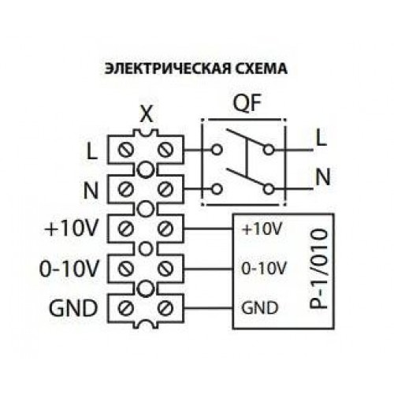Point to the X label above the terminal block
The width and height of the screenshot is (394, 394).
(147, 114)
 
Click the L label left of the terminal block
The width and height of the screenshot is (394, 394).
(92, 151)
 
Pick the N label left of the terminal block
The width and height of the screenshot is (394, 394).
(91, 190)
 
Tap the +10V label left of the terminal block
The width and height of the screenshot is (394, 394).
(72, 229)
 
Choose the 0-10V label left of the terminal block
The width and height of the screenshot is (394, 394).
(69, 269)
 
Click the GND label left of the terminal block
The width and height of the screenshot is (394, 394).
(73, 308)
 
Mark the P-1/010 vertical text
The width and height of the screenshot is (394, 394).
(319, 269)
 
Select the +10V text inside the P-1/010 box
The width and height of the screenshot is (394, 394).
(262, 229)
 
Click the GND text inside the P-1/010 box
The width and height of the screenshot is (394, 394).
(259, 307)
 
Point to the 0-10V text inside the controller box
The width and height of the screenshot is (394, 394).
(263, 269)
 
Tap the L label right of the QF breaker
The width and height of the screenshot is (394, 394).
(322, 138)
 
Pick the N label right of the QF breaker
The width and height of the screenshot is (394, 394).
(323, 177)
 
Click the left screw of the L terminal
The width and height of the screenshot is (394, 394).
(125, 150)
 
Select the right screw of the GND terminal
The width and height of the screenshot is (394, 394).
(165, 308)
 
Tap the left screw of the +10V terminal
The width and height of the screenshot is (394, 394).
(125, 229)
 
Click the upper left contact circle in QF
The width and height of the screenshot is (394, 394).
(217, 150)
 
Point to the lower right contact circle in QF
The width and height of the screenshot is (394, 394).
(269, 189)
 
